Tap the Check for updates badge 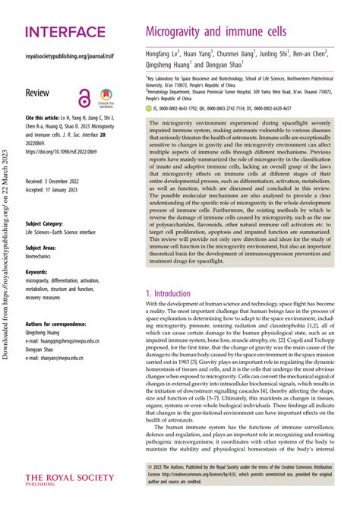pos(106,97)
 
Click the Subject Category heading pos(48,224)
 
